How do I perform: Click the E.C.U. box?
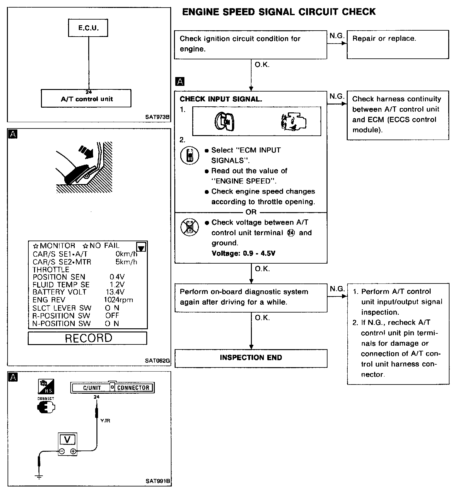point(88,28)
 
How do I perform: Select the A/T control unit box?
point(86,98)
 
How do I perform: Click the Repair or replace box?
point(397,44)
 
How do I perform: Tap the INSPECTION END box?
point(251,358)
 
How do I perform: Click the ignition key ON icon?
point(224,122)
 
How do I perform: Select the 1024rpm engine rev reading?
point(119,300)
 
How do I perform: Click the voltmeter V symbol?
point(67,439)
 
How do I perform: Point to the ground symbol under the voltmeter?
point(39,477)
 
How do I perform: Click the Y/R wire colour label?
point(105,421)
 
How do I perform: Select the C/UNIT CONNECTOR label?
point(112,388)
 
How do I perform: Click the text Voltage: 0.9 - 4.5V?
point(243,253)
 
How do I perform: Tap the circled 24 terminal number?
point(291,233)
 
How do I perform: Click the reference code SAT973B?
point(157,117)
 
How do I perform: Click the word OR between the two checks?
point(251,212)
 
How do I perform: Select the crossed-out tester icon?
point(189,227)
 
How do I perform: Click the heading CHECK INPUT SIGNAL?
point(221,99)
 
